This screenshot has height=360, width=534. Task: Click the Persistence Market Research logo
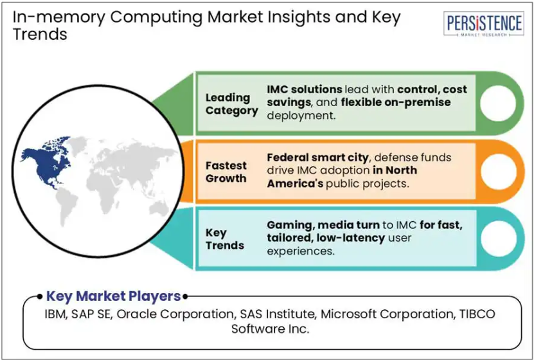point(484,24)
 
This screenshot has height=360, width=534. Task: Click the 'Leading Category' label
point(231,104)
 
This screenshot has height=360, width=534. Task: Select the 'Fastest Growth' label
point(226,172)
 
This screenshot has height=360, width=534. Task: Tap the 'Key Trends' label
point(225,239)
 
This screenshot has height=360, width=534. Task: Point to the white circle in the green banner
point(498,104)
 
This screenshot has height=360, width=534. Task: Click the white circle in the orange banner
point(499,172)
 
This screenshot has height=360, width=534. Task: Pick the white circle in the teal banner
point(499,239)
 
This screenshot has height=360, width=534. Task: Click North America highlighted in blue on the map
point(46,162)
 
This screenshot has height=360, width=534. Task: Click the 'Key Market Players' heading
point(113,296)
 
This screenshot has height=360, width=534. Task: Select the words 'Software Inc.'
point(271,328)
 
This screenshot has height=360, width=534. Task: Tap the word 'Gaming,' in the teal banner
point(290,226)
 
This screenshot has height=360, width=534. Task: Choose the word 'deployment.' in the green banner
point(301,116)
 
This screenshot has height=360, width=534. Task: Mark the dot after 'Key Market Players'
point(185,296)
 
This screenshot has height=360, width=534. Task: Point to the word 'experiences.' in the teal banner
point(301,251)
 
